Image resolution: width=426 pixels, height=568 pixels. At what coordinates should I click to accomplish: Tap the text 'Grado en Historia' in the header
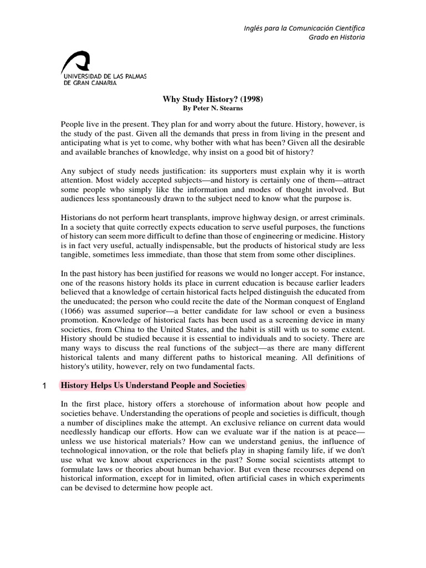[x=337, y=37]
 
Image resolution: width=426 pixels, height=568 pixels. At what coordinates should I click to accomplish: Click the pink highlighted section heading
[x=153, y=386]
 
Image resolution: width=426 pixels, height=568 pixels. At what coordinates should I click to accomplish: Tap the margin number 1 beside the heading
[x=44, y=386]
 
